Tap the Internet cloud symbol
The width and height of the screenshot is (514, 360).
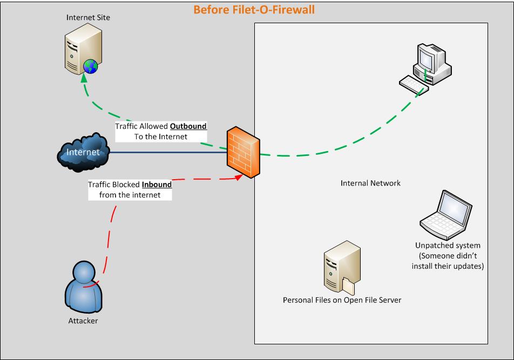click(x=83, y=152)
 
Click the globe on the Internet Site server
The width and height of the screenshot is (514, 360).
click(x=91, y=66)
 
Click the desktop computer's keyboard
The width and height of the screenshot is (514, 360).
click(x=414, y=85)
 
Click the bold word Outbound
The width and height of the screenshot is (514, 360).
click(x=188, y=126)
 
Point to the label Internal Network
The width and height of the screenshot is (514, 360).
click(x=370, y=183)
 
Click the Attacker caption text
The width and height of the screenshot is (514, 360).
click(x=84, y=321)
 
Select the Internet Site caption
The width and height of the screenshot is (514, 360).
click(x=88, y=17)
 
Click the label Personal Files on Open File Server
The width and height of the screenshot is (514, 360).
click(x=342, y=300)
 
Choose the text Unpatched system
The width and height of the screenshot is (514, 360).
click(x=448, y=246)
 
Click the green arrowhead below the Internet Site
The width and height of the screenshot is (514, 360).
click(x=84, y=78)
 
